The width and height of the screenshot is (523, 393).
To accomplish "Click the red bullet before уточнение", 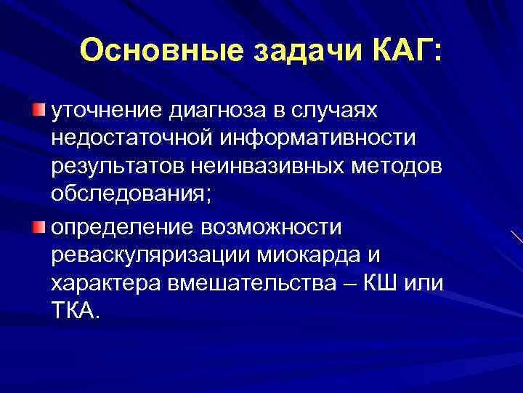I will [x=38, y=110].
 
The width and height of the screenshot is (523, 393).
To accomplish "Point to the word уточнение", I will [x=106, y=110].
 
